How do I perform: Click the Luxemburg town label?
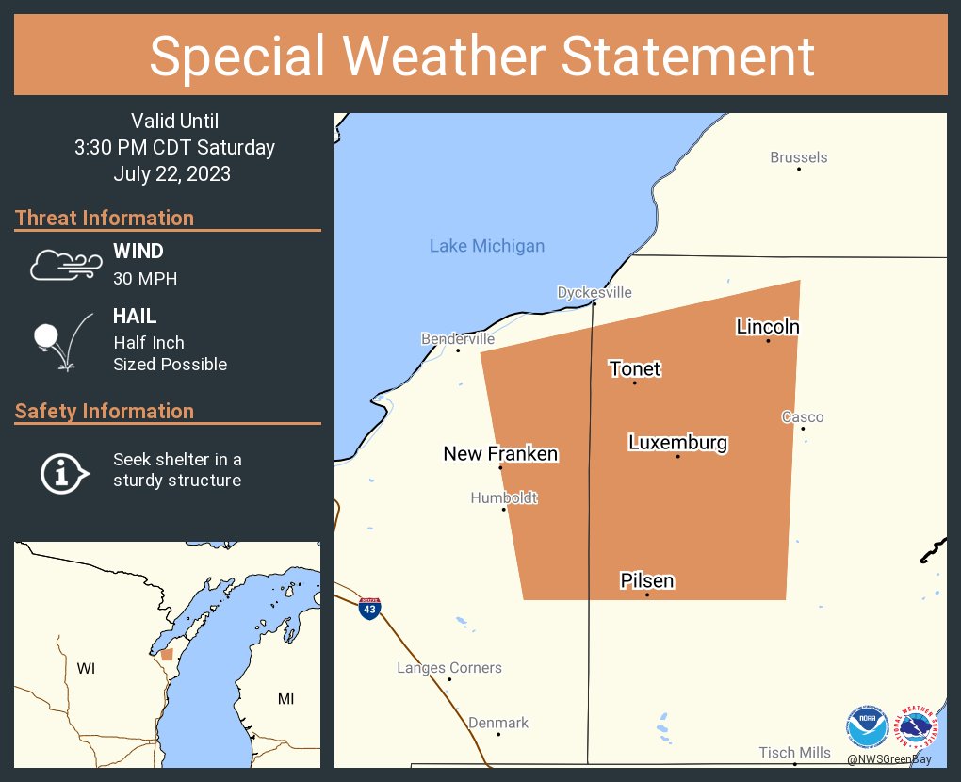coord(677,442)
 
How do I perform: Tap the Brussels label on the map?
coord(798,157)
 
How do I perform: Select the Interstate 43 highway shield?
coord(369,608)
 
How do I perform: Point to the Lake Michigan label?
coord(486,246)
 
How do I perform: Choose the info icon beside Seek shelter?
coord(63,471)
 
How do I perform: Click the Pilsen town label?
coord(646,580)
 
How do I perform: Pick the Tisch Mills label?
coord(794,752)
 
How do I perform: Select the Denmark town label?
coord(498,723)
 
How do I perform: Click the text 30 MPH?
coord(145,279)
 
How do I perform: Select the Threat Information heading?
coord(105,218)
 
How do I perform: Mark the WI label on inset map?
coord(86,668)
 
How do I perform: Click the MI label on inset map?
coord(285,698)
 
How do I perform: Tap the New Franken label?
coord(500,454)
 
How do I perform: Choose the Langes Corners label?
coord(448,668)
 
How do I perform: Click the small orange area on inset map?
coord(167,654)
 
